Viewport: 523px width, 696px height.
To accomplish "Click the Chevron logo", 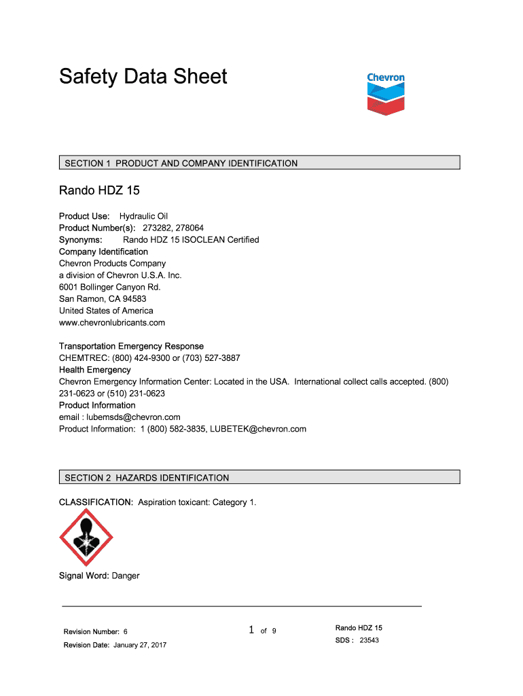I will (385, 94).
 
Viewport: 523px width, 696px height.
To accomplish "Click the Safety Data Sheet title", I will (143, 76).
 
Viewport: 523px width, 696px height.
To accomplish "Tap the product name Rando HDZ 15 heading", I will (99, 190).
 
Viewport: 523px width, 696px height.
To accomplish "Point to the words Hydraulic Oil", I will (143, 216).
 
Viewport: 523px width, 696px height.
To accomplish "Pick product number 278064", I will (189, 228).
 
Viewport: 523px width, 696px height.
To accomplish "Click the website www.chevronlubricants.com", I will (112, 323).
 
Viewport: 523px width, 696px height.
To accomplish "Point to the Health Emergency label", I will (95, 370).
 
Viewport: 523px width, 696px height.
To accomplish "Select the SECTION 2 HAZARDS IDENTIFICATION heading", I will (147, 478).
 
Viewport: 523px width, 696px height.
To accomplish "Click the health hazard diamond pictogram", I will (86, 538).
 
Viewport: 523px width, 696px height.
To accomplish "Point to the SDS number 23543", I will (369, 640).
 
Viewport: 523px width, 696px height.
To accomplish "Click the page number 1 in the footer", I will (251, 631).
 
